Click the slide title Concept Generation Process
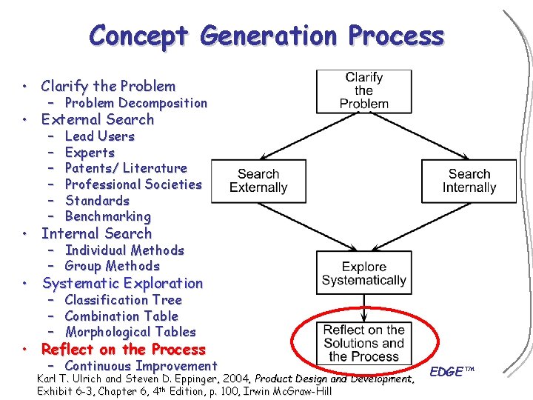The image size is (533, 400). [266, 35]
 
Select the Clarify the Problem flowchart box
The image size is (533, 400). [363, 90]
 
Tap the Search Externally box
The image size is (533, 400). [258, 181]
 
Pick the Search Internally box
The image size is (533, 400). [469, 181]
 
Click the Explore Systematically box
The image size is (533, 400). [363, 273]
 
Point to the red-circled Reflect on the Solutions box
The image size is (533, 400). [363, 343]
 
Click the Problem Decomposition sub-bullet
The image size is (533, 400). [135, 103]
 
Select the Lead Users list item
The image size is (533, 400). [99, 136]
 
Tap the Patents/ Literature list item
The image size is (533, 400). [126, 168]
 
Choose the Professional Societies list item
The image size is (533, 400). [133, 184]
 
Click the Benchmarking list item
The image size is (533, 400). [107, 217]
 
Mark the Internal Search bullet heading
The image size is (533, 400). [96, 233]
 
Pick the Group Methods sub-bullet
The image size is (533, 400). [112, 266]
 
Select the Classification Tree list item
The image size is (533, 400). [123, 300]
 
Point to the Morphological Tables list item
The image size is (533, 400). [130, 332]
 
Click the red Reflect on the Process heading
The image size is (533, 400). [123, 350]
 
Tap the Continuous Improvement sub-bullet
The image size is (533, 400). [141, 366]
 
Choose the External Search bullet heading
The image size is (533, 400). [98, 119]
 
